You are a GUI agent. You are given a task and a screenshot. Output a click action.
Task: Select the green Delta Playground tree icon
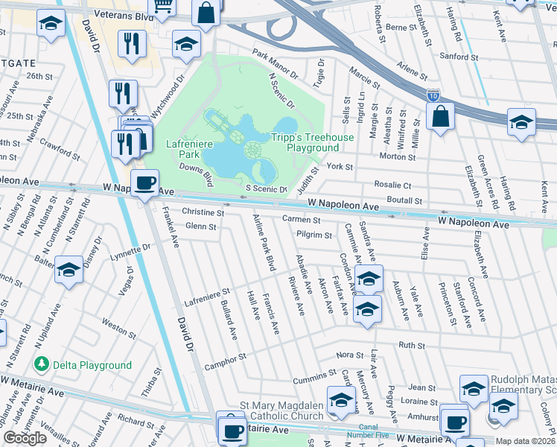(x=42, y=364)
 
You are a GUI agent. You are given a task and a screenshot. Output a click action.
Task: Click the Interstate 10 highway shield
(x=433, y=95)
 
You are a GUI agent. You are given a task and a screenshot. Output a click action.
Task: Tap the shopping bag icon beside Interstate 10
(x=440, y=118)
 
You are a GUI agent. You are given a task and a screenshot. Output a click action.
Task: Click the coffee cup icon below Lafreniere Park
(x=145, y=183)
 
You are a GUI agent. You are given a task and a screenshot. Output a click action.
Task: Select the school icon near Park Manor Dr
(x=186, y=45)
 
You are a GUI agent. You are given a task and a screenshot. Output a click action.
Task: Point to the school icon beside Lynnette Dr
(x=69, y=271)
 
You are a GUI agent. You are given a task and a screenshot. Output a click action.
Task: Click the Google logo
(x=25, y=438)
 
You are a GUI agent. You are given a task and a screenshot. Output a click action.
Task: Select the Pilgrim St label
(x=314, y=235)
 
